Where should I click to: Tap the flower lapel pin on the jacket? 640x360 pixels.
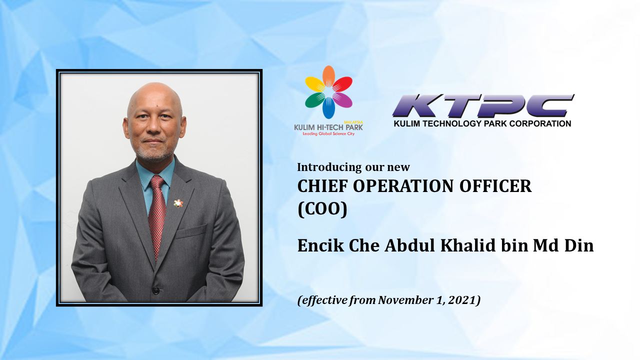(x=178, y=203)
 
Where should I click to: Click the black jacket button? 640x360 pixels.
(x=155, y=291)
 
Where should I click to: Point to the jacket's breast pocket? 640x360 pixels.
(x=191, y=232)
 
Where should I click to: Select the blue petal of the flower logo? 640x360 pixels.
(x=328, y=108)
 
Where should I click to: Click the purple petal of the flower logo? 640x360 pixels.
(x=342, y=100)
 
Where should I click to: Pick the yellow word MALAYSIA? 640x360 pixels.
(x=353, y=122)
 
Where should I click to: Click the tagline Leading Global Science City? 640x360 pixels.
(x=328, y=133)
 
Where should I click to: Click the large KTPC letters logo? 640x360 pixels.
(x=483, y=105)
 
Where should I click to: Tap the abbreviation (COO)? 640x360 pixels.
(x=322, y=209)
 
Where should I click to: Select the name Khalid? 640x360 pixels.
(x=468, y=245)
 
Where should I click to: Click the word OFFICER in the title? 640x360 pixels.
(x=495, y=186)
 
